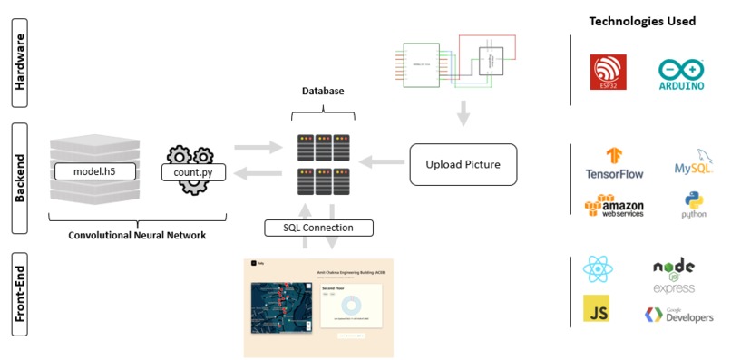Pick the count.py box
pyautogui.click(x=193, y=170)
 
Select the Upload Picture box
pyautogui.click(x=463, y=164)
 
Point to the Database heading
pyautogui.click(x=323, y=92)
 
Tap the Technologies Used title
pyautogui.click(x=642, y=21)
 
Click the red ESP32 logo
pyautogui.click(x=608, y=73)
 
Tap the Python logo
pyautogui.click(x=694, y=205)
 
